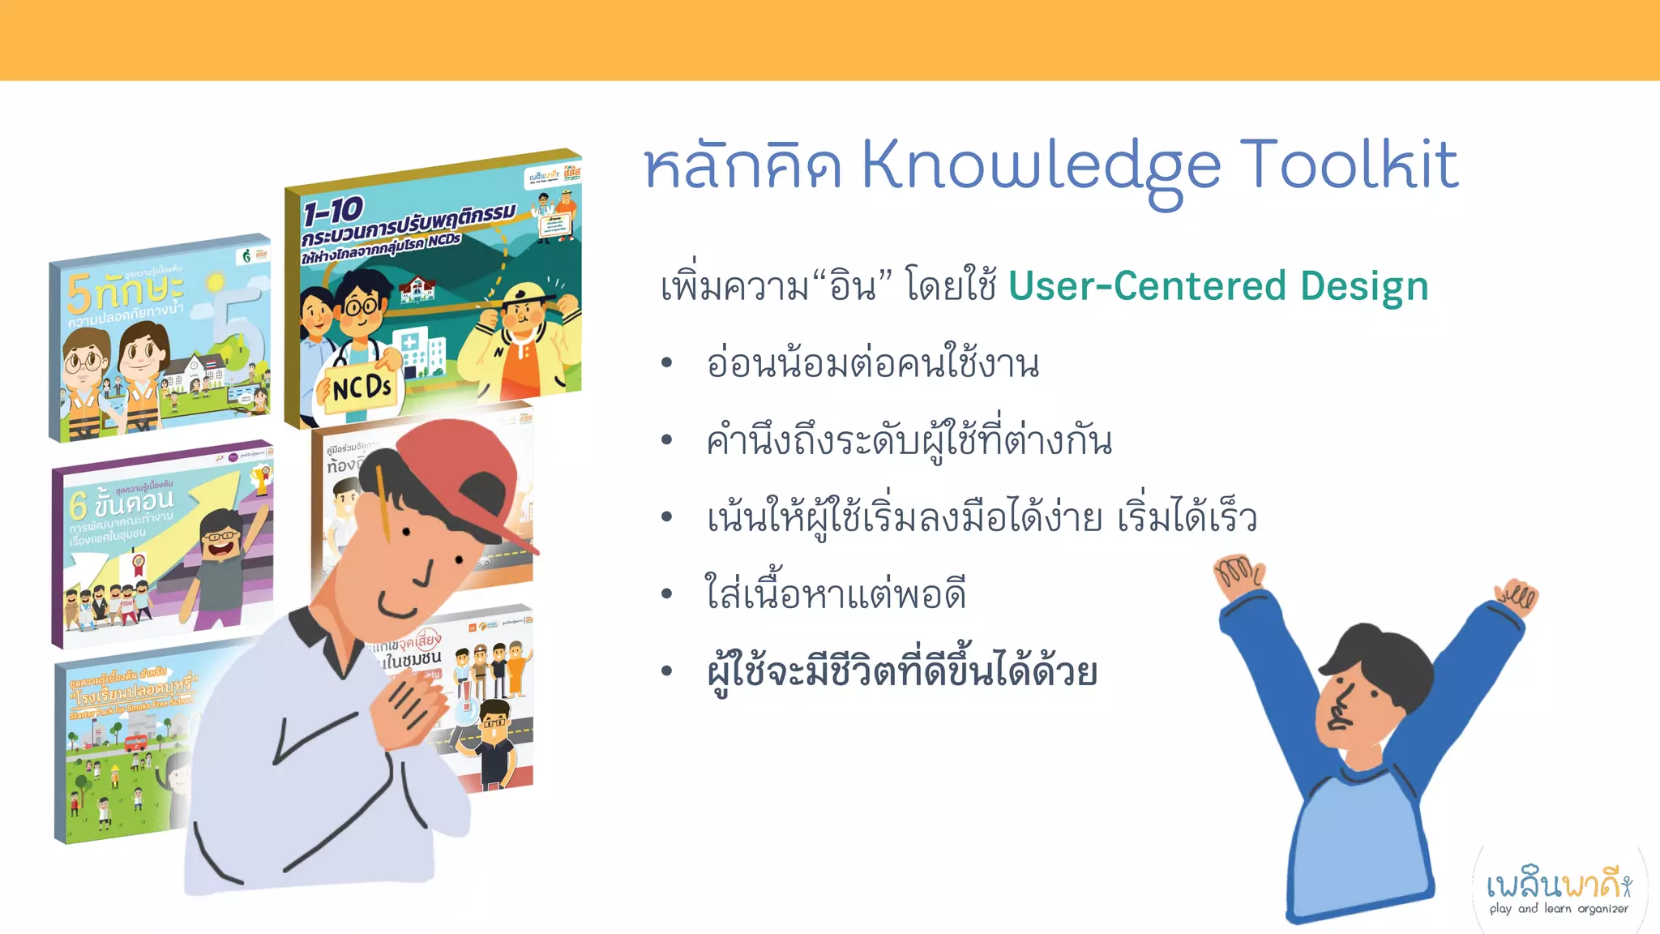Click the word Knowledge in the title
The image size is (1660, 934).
[x=1040, y=166]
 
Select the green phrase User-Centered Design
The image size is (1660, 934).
[x=1217, y=286]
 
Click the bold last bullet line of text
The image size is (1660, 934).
[x=901, y=671]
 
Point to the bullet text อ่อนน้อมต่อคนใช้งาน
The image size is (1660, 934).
[x=872, y=363]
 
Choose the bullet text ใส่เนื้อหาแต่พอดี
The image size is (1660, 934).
[x=835, y=594]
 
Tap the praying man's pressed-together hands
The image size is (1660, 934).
[x=409, y=705]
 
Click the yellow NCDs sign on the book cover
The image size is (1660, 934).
[x=362, y=388]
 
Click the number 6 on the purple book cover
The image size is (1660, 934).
[x=78, y=505]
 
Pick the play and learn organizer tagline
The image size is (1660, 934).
[x=1558, y=909]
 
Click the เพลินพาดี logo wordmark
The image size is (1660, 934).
[x=1558, y=884]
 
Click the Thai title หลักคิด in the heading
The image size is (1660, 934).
[x=742, y=166]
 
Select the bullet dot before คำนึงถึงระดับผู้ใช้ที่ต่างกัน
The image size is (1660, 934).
[x=666, y=441]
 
